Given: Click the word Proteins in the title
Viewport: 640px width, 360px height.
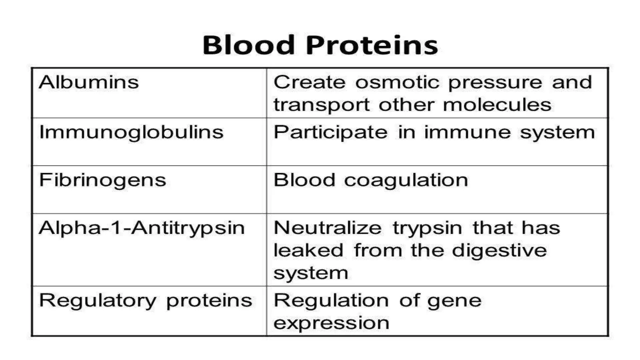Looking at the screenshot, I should pyautogui.click(x=372, y=45).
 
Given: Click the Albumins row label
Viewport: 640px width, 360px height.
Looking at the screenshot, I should pyautogui.click(x=89, y=82).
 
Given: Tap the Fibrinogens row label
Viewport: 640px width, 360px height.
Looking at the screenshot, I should pyautogui.click(x=102, y=180).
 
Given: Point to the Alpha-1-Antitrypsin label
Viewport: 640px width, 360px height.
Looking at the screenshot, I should pyautogui.click(x=142, y=228).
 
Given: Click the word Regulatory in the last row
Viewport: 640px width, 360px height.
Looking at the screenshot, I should pyautogui.click(x=97, y=301).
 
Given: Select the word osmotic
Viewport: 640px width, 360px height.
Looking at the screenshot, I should pyautogui.click(x=397, y=82).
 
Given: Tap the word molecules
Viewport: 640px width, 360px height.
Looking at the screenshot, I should pyautogui.click(x=497, y=105).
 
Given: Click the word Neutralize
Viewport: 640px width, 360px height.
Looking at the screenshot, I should pyautogui.click(x=327, y=228).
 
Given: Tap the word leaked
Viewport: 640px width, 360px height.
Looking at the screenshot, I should pyautogui.click(x=308, y=250).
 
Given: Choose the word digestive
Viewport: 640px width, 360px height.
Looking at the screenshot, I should pyautogui.click(x=499, y=251).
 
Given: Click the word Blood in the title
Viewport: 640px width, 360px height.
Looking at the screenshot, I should pyautogui.click(x=249, y=45).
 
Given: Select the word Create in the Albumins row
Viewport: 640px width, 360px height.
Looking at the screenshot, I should pyautogui.click(x=309, y=82).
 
